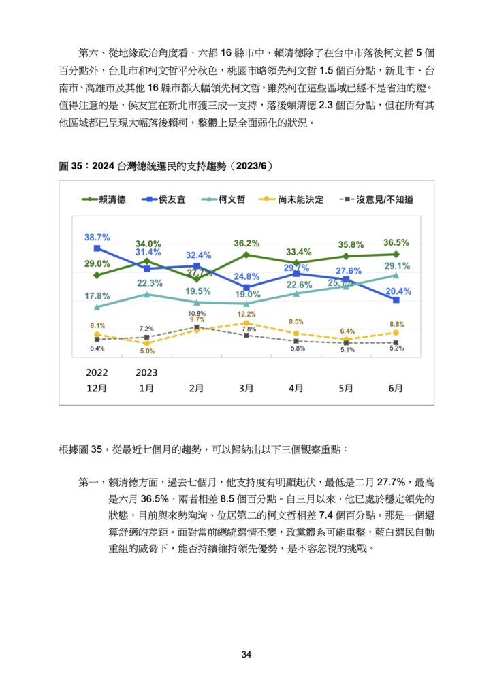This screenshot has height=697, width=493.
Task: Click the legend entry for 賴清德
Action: point(104,199)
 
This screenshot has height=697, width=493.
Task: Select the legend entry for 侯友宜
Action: point(163,199)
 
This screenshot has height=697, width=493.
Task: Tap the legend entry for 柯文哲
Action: point(223,199)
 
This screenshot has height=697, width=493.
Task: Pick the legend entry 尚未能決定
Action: point(291,199)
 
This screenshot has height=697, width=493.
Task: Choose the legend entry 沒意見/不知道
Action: point(376,199)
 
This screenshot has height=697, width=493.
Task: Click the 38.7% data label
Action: point(97,238)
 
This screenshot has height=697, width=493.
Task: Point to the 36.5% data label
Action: point(396,243)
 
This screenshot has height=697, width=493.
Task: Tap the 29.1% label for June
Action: point(397,266)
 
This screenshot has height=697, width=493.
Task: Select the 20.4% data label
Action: point(398,291)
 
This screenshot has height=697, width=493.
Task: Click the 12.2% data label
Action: point(246,314)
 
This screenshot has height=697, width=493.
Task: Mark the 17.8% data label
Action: point(97,296)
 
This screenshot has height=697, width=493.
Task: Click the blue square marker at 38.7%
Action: point(97,248)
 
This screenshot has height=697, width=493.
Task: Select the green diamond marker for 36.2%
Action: point(246,255)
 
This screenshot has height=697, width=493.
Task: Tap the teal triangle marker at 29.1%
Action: point(396,276)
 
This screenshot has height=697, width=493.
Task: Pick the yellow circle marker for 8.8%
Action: point(396,332)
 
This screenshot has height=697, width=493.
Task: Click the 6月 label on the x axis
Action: point(396,388)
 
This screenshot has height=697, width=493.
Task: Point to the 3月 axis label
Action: point(246,388)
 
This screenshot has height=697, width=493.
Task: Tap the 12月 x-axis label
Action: point(97,388)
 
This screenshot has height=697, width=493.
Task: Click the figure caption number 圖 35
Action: point(71,166)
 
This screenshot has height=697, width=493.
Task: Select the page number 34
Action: point(246,654)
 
